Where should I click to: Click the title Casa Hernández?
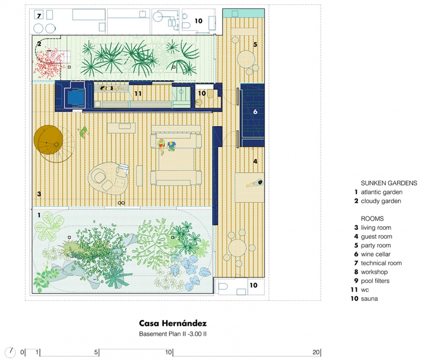[x=173, y=323]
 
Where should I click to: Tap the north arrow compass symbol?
[x=10, y=352]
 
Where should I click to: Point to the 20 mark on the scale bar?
[x=316, y=352]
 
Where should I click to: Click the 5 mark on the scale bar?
[x=96, y=352]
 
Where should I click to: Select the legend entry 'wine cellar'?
[x=376, y=254]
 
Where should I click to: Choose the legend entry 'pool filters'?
[x=375, y=281]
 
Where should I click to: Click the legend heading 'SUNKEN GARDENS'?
[x=389, y=183]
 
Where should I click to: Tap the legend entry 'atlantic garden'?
[x=382, y=192]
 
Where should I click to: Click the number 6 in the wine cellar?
[x=255, y=112]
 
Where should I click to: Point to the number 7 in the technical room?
[x=39, y=16]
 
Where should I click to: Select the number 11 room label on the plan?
[x=138, y=94]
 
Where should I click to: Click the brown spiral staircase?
[x=49, y=140]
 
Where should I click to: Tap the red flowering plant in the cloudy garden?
[x=49, y=65]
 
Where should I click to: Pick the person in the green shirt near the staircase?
[x=83, y=132]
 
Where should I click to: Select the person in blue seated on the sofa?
[x=171, y=146]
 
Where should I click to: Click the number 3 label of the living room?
[x=39, y=194]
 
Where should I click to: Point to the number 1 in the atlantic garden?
[x=39, y=215]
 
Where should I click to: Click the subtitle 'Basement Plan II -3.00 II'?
[x=173, y=334]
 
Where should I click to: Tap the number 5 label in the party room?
[x=255, y=44]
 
